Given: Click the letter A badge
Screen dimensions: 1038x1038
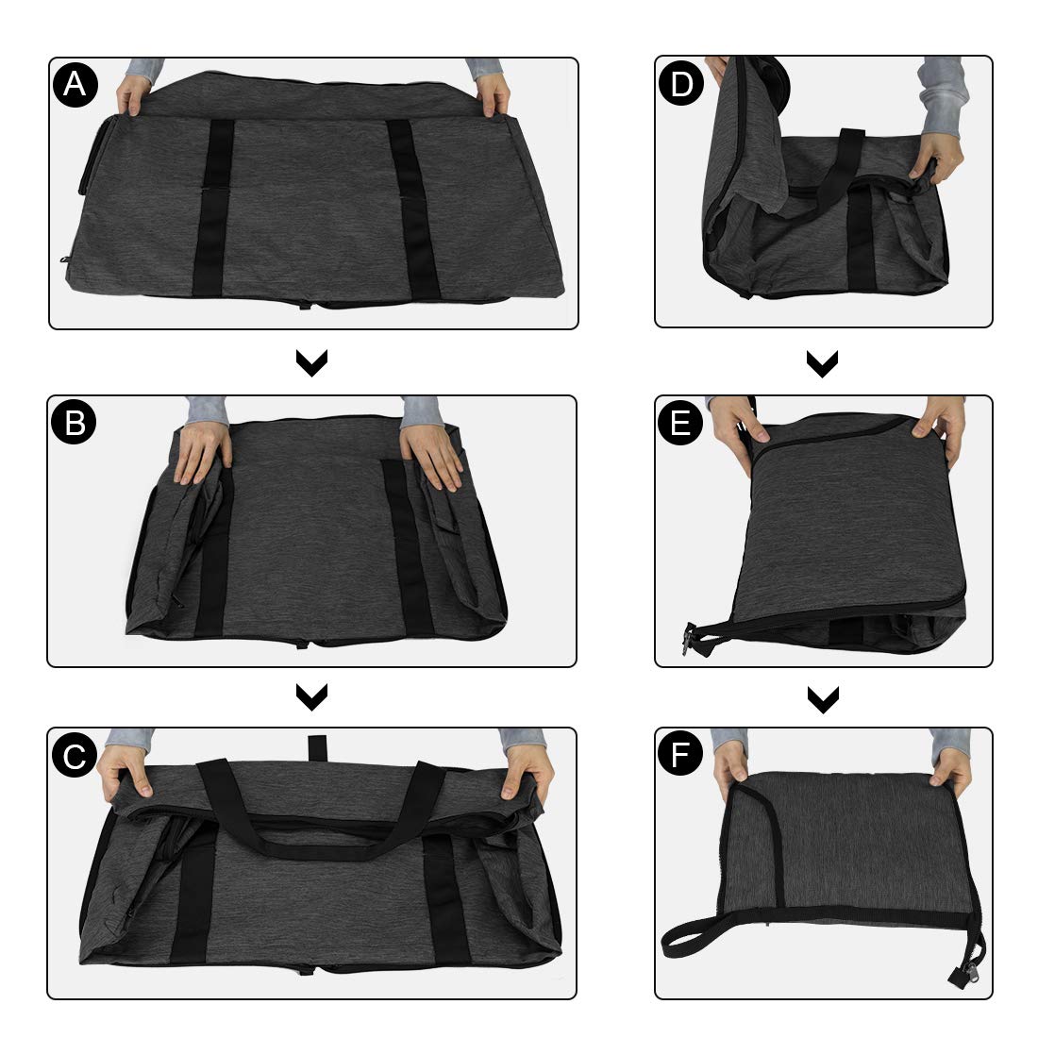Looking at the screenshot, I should coord(76,86).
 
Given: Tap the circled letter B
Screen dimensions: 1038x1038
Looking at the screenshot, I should coord(75,424).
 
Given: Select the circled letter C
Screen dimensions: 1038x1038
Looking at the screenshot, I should coord(75,756).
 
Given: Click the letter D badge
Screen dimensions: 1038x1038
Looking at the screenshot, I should coord(680,86).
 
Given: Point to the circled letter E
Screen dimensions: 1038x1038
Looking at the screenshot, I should coord(680,424).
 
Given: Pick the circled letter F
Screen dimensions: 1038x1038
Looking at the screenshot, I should coord(680,756).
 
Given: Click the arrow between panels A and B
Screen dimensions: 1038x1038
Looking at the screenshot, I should coord(311,363).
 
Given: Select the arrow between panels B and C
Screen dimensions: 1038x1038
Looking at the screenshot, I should coord(311,696).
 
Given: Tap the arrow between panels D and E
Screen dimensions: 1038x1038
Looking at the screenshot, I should coord(823,363).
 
